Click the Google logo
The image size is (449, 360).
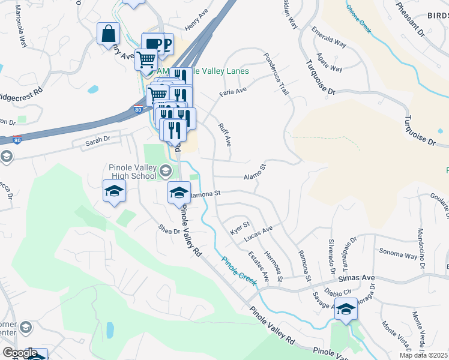19,353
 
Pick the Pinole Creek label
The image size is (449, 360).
239,270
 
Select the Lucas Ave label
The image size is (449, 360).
258,233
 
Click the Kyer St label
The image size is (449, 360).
240,228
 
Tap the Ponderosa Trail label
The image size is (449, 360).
276,73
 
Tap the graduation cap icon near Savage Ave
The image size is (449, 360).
346,308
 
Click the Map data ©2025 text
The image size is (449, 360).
424,355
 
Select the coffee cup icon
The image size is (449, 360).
152,43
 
